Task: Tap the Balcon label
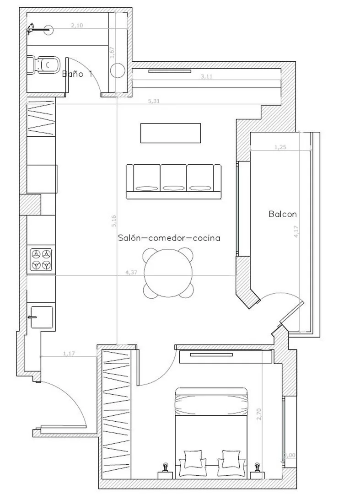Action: [x=283, y=214]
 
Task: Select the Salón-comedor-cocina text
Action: [x=169, y=238]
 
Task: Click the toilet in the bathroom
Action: [x=44, y=64]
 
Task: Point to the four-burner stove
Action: [x=41, y=259]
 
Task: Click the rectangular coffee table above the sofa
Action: [x=170, y=133]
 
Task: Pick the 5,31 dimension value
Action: [x=154, y=101]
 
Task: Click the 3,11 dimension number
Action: [x=206, y=77]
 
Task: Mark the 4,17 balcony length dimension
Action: [x=296, y=232]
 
